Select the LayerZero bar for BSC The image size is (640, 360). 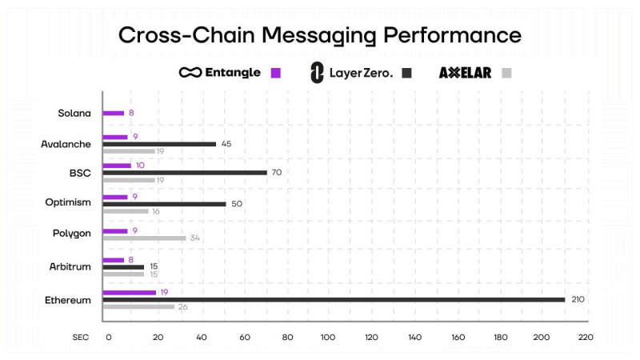[x=185, y=172]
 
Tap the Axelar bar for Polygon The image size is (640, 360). [x=144, y=238]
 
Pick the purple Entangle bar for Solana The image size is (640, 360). [x=114, y=113]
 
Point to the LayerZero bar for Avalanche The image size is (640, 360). [x=159, y=144]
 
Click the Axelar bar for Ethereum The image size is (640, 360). [x=138, y=306]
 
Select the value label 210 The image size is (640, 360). [x=578, y=299]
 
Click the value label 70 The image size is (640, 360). [x=277, y=172]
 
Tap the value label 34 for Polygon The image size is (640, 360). [x=194, y=238]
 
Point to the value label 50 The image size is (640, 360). [x=237, y=204]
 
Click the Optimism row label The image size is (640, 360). [x=68, y=202]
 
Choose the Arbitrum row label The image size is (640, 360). [x=70, y=266]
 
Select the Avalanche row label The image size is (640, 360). [x=66, y=144]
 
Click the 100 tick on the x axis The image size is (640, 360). [x=327, y=338]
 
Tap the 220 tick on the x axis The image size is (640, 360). [x=585, y=338]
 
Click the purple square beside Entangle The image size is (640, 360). [x=276, y=73]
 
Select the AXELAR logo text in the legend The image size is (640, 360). [x=466, y=73]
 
